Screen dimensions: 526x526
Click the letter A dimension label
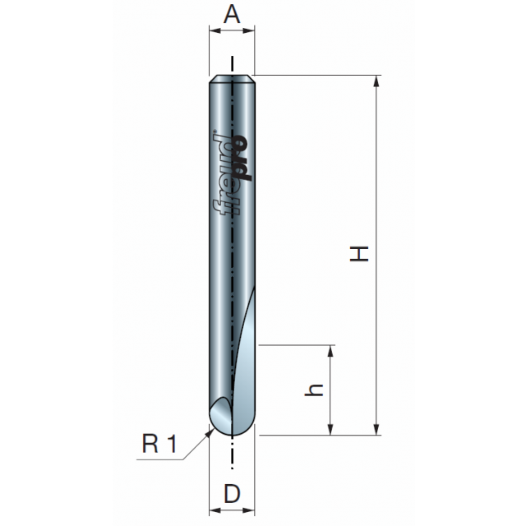pos(232,14)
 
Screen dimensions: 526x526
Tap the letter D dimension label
pos(232,494)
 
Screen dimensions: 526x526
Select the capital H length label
pos(359,254)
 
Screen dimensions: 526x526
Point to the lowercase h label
pos(314,390)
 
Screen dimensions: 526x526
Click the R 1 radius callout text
pos(159,443)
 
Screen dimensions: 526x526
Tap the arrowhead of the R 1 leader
pos(210,433)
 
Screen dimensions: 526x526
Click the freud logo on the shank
pos(232,174)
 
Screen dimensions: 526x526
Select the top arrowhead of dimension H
pos(376,82)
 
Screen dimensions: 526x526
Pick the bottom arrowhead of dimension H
pos(376,429)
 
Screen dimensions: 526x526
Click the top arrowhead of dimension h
pos(330,351)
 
